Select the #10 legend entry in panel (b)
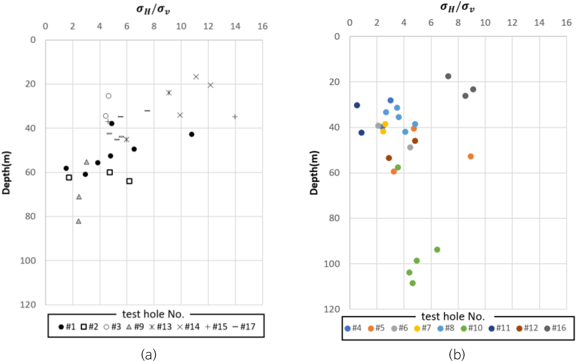tap(472, 328)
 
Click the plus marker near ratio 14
tap(235, 116)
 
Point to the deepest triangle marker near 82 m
tap(79, 221)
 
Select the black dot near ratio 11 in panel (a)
tap(191, 134)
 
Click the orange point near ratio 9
tap(470, 156)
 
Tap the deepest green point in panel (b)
tap(413, 283)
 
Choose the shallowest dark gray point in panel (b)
tap(448, 76)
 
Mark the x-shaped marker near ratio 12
tap(210, 85)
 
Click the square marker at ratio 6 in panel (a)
tap(129, 181)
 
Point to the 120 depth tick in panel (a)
tap(28, 305)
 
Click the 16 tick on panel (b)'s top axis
tap(566, 23)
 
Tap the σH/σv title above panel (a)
tap(153, 9)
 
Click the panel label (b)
tap(457, 355)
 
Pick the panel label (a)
tap(148, 355)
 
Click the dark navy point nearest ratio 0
tap(357, 105)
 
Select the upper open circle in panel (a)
tap(109, 96)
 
